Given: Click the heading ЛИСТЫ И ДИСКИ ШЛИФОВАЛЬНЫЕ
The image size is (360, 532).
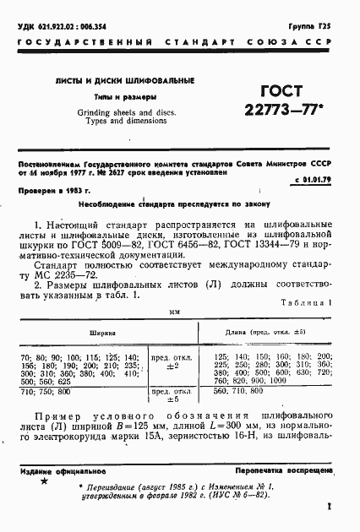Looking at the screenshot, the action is click(x=113, y=80).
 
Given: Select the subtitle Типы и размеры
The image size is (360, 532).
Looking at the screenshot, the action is click(x=112, y=97).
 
